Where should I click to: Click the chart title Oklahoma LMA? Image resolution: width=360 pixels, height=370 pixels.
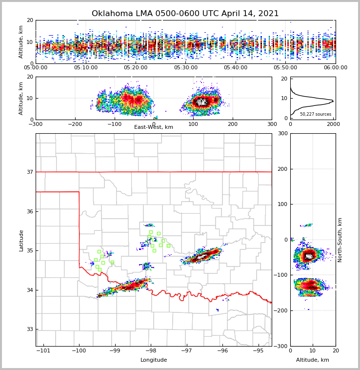click(x=185, y=14)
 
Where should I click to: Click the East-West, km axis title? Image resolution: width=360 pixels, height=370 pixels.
click(x=154, y=127)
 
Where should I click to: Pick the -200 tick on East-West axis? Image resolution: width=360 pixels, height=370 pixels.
click(x=75, y=124)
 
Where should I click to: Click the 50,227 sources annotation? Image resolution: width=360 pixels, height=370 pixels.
click(x=316, y=114)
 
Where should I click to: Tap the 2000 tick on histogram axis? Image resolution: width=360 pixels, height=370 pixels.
click(x=333, y=124)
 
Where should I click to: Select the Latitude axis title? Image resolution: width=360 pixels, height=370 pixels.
click(x=21, y=240)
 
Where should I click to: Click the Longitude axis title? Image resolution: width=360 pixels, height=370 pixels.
click(x=154, y=360)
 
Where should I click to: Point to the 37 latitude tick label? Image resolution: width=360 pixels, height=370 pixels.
click(x=30, y=172)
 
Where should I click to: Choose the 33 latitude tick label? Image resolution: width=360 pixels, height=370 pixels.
click(x=30, y=329)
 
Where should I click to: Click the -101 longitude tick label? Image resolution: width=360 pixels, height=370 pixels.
click(x=43, y=350)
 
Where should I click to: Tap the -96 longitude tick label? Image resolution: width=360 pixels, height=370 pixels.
click(x=222, y=350)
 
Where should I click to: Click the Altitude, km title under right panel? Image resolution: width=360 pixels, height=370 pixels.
click(x=313, y=360)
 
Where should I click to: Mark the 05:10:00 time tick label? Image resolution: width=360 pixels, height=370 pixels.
click(x=86, y=68)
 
